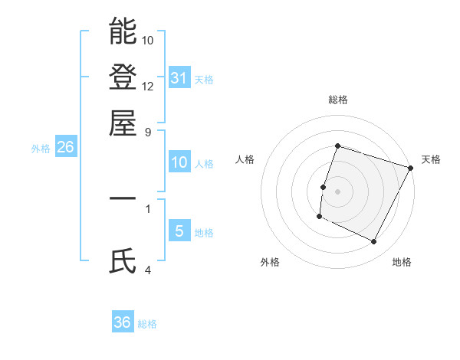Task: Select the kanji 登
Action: pyautogui.click(x=123, y=77)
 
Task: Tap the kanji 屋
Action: pyautogui.click(x=123, y=123)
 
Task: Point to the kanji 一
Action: pyautogui.click(x=123, y=198)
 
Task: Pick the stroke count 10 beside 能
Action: pyautogui.click(x=149, y=39)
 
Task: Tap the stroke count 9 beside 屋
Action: pyautogui.click(x=148, y=131)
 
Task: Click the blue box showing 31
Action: pyautogui.click(x=179, y=77)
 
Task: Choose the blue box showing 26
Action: pyautogui.click(x=65, y=148)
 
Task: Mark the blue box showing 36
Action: pyautogui.click(x=123, y=322)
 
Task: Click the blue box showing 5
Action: pyautogui.click(x=179, y=231)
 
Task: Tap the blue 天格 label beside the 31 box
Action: pyautogui.click(x=204, y=80)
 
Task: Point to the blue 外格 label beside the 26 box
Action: pyautogui.click(x=40, y=149)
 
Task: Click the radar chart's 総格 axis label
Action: pyautogui.click(x=337, y=100)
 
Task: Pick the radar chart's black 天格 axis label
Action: pyautogui.click(x=431, y=159)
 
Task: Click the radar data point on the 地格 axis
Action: pyautogui.click(x=374, y=242)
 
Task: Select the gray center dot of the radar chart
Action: pyautogui.click(x=337, y=191)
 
